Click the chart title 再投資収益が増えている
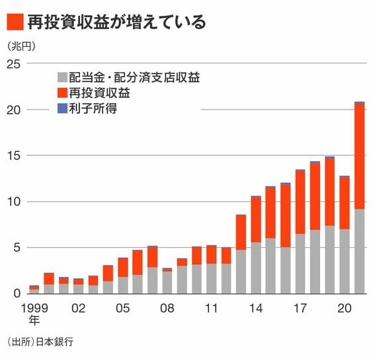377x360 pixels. tap(117, 22)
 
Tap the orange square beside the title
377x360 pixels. tap(15, 22)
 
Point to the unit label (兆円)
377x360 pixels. tap(21, 46)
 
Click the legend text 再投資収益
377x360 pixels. tap(99, 92)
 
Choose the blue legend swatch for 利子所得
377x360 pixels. tap(62, 108)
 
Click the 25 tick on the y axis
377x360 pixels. tap(14, 64)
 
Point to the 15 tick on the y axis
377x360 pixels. tap(14, 156)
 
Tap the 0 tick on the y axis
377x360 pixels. tap(17, 293)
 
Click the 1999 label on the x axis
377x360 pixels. tap(34, 308)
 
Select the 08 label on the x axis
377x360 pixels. tap(167, 308)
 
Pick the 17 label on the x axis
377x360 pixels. tap(300, 308)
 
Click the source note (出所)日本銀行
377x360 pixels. tap(40, 342)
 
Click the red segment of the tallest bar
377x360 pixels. tap(359, 157)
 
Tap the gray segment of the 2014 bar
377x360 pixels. tap(256, 268)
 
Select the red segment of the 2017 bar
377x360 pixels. tap(300, 202)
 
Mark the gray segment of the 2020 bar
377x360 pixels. tap(345, 262)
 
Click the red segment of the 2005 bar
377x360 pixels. tap(123, 268)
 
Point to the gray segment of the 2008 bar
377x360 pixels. tap(167, 283)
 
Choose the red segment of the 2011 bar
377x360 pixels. tap(212, 255)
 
